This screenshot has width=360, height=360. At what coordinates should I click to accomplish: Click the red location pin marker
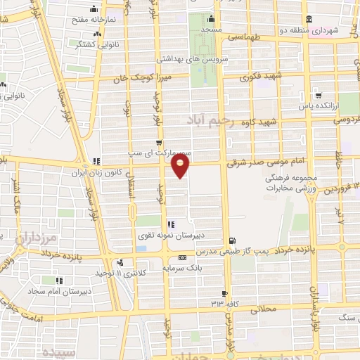(x=181, y=166)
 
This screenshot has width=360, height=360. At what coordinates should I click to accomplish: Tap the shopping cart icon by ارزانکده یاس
(x=319, y=95)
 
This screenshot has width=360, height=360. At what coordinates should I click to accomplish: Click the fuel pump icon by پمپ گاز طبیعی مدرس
(x=233, y=239)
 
